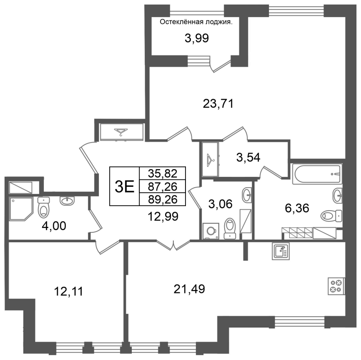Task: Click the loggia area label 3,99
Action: coord(197,38)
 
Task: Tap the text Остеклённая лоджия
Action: coord(196,22)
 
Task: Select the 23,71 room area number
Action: coord(218,104)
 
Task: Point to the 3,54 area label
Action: coord(248,158)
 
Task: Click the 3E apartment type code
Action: coord(125,187)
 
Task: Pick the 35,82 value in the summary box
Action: coord(162,173)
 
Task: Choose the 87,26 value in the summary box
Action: coord(162,186)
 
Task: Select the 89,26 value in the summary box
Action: coord(162,199)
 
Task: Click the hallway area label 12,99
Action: coord(163,217)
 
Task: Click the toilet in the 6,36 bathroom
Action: coord(331,216)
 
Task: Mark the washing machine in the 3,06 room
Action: coord(211,231)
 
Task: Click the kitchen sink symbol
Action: coord(281,251)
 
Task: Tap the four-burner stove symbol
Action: coord(336,286)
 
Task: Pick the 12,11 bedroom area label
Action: coord(69,291)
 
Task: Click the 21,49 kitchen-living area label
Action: coord(189,289)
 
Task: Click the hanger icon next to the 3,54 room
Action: coord(211,159)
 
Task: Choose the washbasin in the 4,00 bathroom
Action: coord(67,201)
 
